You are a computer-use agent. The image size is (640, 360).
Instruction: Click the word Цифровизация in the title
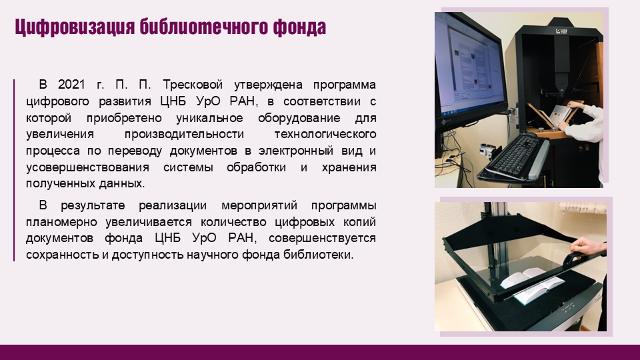point(75,27)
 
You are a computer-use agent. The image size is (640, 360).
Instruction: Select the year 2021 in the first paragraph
point(71,85)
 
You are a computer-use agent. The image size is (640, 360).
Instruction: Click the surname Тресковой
point(193,85)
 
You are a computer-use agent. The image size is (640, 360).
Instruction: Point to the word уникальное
point(209,118)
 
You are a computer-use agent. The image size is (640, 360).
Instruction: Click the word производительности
point(184,134)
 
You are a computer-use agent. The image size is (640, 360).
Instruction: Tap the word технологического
point(325,134)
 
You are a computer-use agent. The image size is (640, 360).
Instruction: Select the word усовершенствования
point(87,167)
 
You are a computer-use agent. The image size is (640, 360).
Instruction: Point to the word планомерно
point(61,222)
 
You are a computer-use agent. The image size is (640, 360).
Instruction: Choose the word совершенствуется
point(322,238)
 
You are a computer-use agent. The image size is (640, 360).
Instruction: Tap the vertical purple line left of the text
point(14,170)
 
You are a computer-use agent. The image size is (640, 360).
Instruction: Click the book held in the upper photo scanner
point(561,115)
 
